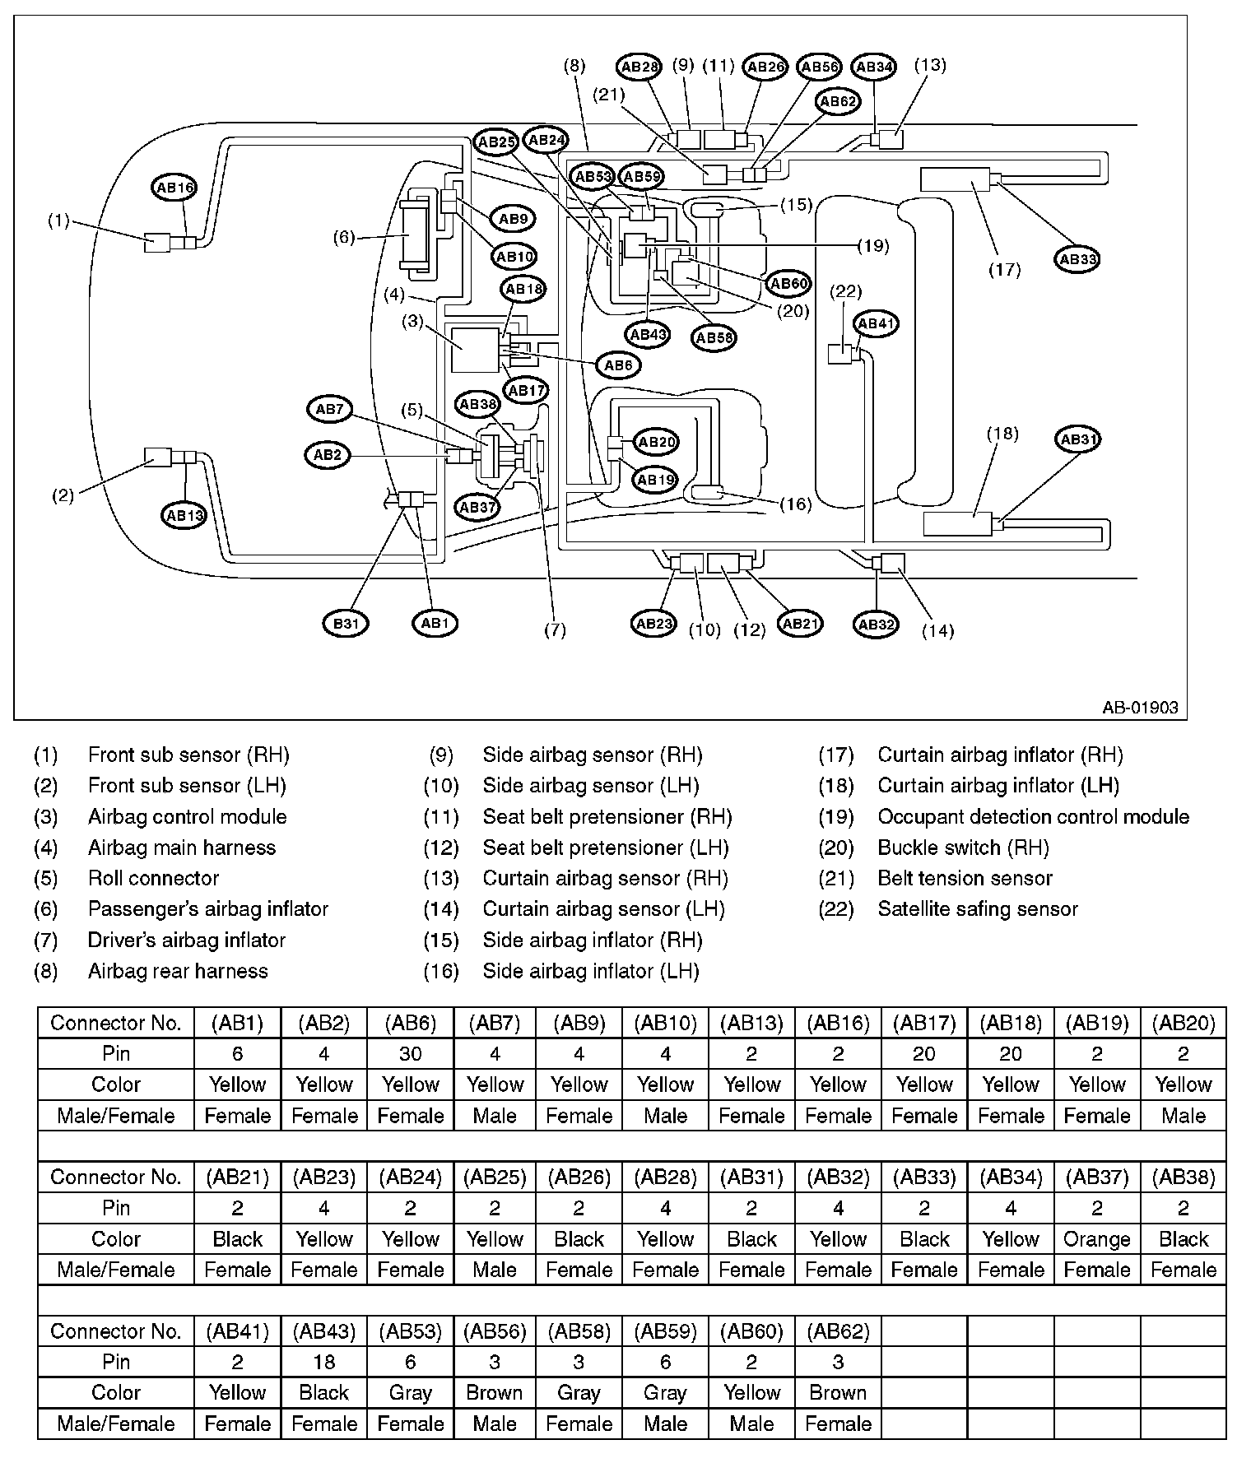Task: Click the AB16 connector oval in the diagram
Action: click(174, 188)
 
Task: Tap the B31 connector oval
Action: click(346, 623)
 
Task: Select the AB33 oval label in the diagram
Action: click(1077, 258)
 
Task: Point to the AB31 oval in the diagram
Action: click(1077, 439)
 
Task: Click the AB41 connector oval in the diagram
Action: click(876, 323)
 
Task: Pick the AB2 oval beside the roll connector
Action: click(328, 454)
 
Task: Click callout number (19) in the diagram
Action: click(873, 245)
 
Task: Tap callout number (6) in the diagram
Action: click(344, 238)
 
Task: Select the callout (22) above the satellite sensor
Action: click(846, 290)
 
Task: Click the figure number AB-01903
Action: click(1141, 707)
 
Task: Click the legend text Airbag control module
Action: click(187, 817)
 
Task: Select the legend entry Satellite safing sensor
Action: click(978, 909)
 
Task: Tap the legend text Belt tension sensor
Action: click(965, 879)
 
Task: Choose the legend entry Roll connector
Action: click(153, 879)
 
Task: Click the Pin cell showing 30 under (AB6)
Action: click(410, 1054)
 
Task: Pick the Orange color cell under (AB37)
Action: click(1096, 1239)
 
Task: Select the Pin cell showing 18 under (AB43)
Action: click(324, 1362)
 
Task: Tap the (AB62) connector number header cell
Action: click(838, 1331)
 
